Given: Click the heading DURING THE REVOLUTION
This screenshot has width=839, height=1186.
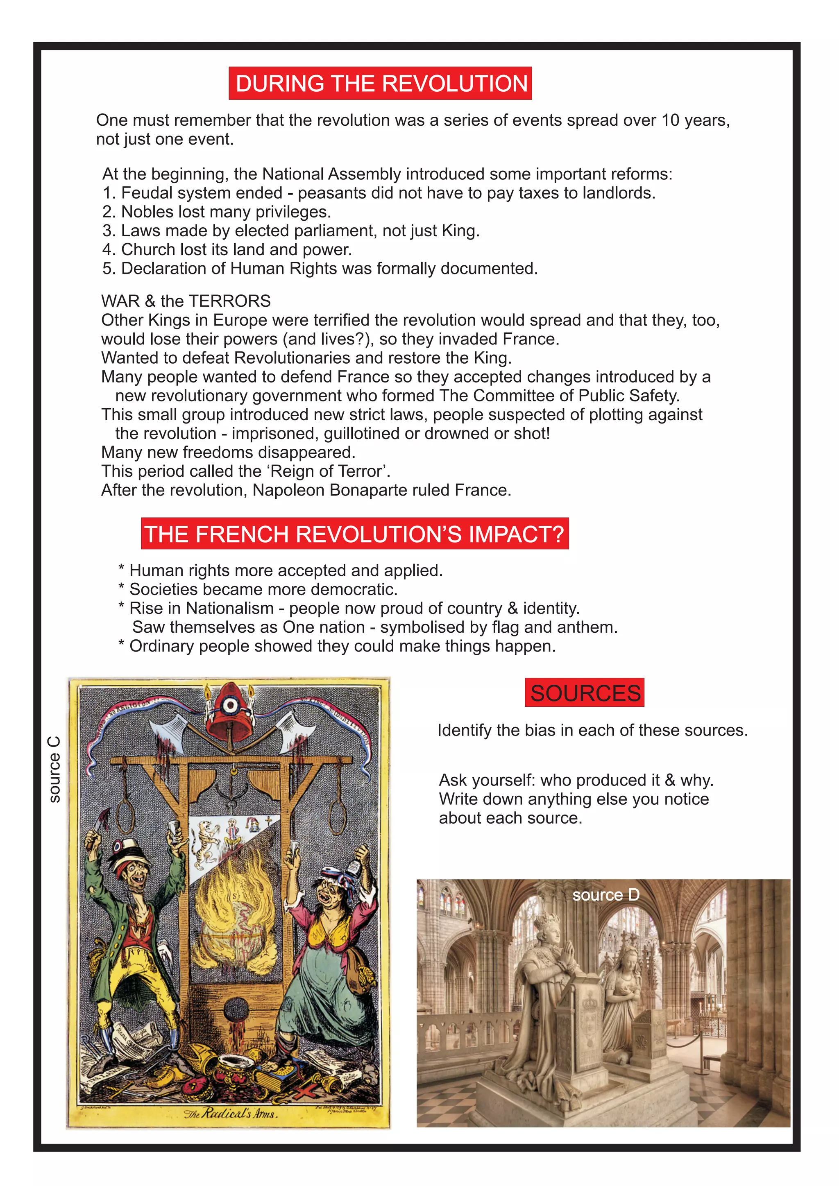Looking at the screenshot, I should click(x=381, y=83).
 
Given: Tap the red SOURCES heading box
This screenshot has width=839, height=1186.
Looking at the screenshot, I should click(x=585, y=693).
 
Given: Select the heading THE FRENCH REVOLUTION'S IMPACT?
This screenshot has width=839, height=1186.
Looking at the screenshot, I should click(x=354, y=534).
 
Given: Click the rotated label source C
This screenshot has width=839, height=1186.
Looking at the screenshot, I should click(x=54, y=770).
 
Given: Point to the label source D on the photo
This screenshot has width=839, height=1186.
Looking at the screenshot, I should click(x=605, y=895).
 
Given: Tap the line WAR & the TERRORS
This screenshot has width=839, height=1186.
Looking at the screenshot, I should click(x=186, y=301).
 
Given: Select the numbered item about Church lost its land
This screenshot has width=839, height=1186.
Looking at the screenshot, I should click(x=227, y=249).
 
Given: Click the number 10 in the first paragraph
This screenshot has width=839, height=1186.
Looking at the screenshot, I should click(x=671, y=120).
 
